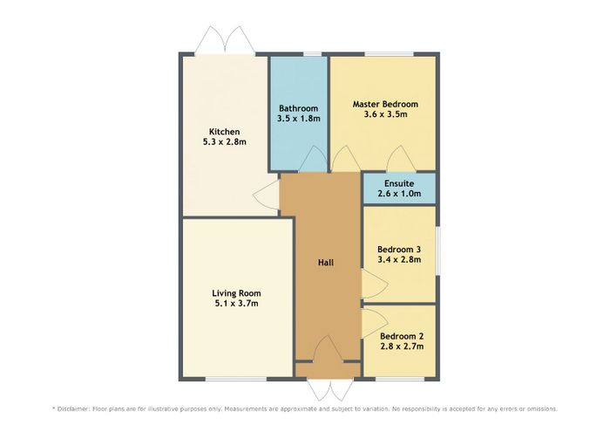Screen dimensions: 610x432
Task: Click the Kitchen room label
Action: click(225, 132)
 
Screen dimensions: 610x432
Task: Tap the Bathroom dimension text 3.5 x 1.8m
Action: click(299, 119)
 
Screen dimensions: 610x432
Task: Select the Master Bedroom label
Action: click(385, 105)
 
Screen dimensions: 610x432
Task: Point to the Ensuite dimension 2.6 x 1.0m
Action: click(399, 193)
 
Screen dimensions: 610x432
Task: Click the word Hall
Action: click(326, 263)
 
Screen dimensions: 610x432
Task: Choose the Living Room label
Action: click(236, 293)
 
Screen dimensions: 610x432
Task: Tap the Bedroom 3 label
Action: click(399, 250)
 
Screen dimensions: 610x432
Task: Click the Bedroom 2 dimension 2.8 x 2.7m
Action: click(402, 346)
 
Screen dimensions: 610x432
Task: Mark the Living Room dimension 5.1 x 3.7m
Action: click(236, 304)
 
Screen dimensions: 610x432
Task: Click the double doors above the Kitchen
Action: click(225, 40)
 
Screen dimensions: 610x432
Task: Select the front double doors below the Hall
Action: click(330, 388)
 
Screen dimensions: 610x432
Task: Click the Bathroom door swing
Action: click(312, 159)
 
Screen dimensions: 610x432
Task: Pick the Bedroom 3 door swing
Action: click(375, 284)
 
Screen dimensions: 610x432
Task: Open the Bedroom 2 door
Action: click(375, 323)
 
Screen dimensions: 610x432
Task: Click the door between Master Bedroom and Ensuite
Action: click(401, 159)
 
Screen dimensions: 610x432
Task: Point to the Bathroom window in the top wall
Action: click(312, 54)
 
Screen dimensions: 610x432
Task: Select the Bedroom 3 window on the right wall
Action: click(437, 250)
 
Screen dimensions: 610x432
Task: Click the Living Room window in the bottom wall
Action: click(236, 379)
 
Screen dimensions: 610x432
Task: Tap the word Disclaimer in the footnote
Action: click(73, 409)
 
